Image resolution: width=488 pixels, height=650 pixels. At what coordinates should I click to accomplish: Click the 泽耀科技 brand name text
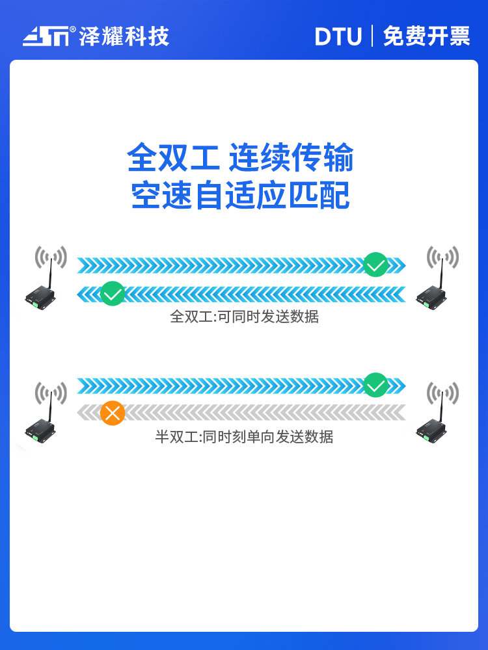tap(124, 36)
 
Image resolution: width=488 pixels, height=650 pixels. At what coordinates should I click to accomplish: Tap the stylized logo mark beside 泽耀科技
tap(46, 36)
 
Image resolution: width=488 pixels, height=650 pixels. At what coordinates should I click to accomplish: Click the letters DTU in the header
tap(338, 36)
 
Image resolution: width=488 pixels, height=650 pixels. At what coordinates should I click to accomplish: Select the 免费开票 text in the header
tap(426, 36)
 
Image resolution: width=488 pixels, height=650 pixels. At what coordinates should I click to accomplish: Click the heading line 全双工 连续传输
tap(240, 157)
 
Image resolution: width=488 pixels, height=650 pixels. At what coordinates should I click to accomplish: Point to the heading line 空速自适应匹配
tap(240, 195)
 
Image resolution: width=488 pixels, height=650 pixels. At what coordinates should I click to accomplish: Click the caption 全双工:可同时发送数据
tap(245, 317)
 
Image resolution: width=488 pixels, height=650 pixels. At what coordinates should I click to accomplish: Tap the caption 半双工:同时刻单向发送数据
tap(245, 437)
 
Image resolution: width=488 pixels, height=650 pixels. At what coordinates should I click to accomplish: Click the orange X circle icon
tap(113, 413)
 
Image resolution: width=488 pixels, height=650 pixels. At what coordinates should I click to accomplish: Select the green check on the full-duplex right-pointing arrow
tap(375, 265)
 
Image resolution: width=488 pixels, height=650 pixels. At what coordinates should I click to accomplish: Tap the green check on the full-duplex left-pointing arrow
tap(113, 294)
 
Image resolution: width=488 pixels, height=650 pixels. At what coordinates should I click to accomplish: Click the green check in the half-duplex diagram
tap(375, 385)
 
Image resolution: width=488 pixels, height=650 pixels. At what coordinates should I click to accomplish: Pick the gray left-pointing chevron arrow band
tap(241, 413)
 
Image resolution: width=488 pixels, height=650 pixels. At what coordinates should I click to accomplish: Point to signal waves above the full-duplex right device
tap(442, 257)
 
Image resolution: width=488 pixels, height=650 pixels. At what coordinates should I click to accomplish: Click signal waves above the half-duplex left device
tap(51, 393)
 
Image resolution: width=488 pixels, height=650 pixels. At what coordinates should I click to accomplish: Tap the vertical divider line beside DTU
tap(372, 36)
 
